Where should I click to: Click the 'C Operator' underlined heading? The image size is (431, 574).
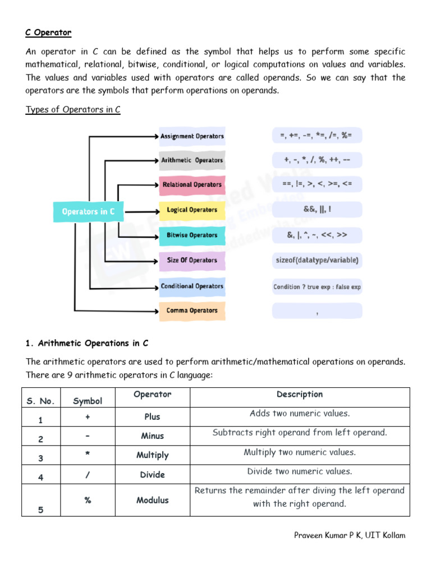point(48,33)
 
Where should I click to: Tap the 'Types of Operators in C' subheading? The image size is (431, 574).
point(73,109)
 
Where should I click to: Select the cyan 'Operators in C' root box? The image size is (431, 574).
point(88,211)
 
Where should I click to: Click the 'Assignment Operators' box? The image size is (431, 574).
point(192,136)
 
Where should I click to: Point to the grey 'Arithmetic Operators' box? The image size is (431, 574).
point(192,160)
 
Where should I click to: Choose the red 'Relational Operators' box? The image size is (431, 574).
point(192,185)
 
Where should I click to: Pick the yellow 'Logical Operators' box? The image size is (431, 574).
point(192,210)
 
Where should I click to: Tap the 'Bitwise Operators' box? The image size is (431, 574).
point(192,235)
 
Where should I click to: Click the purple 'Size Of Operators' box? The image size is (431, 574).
point(192,260)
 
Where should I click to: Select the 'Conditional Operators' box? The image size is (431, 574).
point(192,286)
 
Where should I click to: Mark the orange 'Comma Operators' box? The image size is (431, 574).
point(192,311)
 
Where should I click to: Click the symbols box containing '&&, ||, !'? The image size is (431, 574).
point(317,210)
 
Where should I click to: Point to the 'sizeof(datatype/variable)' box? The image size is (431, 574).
point(317,260)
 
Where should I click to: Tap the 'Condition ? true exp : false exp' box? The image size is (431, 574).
point(317,286)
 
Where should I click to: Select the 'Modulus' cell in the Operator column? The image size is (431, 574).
point(153,500)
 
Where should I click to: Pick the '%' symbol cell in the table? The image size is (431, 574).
point(88,500)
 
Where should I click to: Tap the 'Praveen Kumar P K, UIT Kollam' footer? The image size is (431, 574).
point(350,535)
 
